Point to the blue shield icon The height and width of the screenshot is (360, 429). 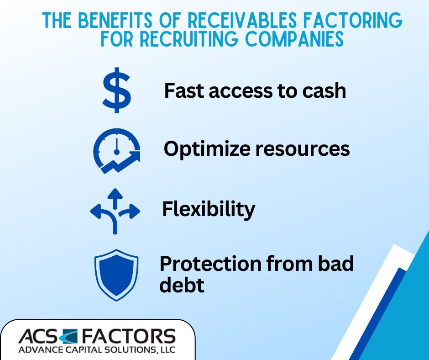tap(116, 275)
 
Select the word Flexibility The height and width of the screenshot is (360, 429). tap(209, 209)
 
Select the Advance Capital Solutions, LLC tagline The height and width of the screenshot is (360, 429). tap(96, 350)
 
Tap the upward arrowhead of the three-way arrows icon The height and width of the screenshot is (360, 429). tap(115, 193)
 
